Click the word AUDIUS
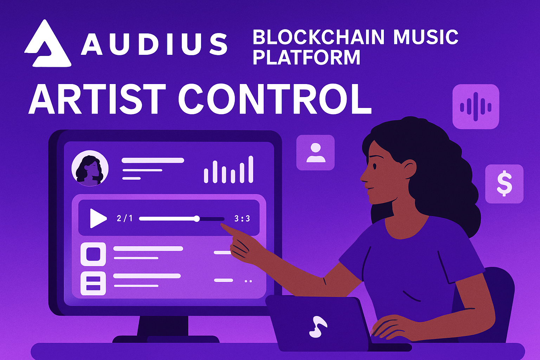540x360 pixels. pos(154,44)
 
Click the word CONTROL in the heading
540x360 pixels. pos(275,99)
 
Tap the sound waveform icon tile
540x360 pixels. pos(476,107)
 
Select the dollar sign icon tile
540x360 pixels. pos(504,184)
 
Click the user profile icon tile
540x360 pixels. pos(315,153)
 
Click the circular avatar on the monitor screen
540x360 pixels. pos(90,168)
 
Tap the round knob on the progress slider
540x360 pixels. pos(197,219)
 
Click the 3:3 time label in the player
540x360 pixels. pos(242,219)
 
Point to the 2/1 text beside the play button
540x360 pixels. pos(124,219)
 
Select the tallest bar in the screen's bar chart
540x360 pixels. pos(251,169)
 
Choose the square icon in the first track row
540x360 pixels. pos(93,254)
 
